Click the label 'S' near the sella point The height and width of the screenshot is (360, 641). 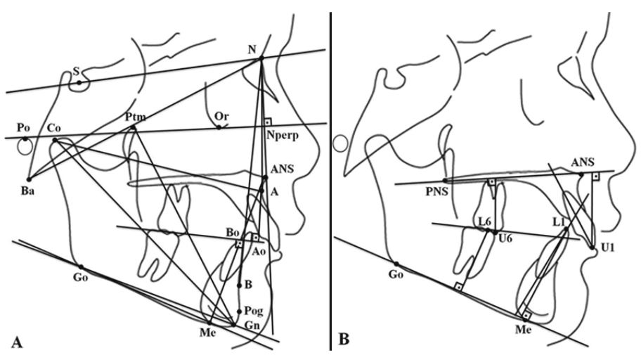tap(76, 71)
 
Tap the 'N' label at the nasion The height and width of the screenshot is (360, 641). tap(252, 49)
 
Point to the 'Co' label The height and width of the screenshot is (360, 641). tap(53, 128)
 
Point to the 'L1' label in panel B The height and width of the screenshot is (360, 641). tap(559, 222)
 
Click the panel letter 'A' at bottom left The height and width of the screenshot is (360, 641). tap(16, 342)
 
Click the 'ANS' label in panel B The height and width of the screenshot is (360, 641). tap(581, 162)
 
